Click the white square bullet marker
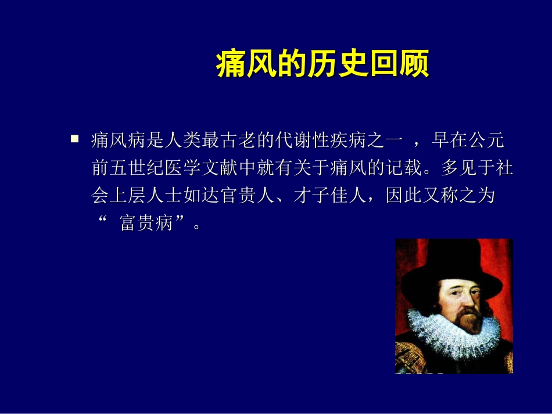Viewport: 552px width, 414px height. click(x=74, y=139)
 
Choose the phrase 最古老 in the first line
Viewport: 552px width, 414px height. click(x=228, y=141)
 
